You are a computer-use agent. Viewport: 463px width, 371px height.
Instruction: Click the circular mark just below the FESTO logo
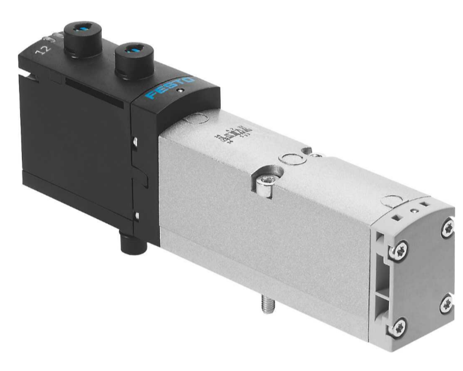click(x=191, y=121)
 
